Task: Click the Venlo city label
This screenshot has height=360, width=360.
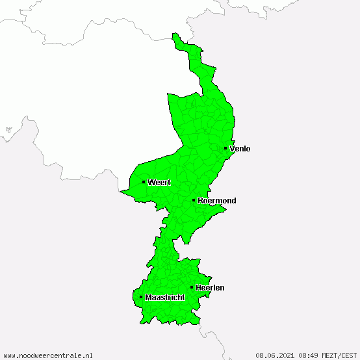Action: [x=240, y=149]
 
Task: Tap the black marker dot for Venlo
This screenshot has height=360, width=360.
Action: [x=225, y=148]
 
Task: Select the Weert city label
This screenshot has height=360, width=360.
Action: [x=159, y=183]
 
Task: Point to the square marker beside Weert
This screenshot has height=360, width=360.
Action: [x=144, y=182]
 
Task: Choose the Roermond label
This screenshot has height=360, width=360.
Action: [x=217, y=201]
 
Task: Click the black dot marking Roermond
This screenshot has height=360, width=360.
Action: [x=194, y=200]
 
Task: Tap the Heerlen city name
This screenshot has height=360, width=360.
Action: [x=210, y=287]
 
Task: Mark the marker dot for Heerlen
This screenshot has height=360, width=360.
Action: [x=192, y=287]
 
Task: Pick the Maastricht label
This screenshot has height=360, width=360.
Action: [x=165, y=298]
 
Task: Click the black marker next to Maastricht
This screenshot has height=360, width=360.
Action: [x=141, y=297]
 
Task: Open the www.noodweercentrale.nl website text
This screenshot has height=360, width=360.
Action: [x=48, y=355]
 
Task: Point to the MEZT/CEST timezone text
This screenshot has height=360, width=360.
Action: [x=340, y=355]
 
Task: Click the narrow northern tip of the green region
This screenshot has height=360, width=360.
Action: [x=174, y=38]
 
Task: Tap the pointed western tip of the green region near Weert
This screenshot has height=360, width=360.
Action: [x=123, y=191]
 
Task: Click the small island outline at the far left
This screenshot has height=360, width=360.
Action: [x=8, y=130]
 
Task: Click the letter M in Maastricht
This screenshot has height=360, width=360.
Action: [x=149, y=298]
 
